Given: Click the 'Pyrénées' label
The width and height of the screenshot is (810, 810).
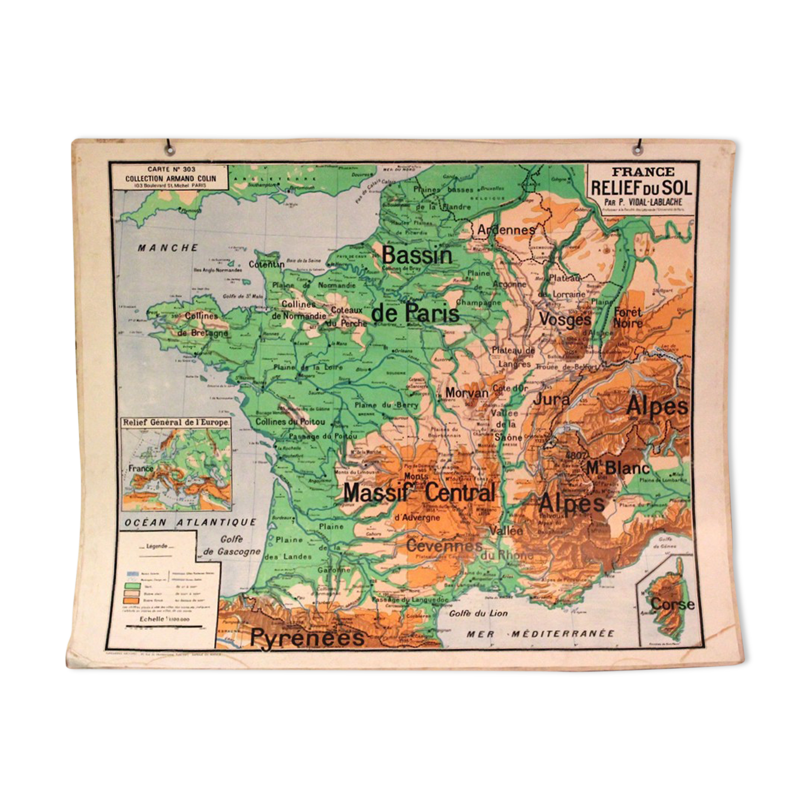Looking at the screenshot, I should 307,637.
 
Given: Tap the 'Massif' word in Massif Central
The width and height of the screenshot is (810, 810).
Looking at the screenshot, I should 380,493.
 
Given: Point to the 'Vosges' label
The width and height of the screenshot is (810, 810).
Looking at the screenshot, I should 565,320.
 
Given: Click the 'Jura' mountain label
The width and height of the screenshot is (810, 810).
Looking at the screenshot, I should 551,399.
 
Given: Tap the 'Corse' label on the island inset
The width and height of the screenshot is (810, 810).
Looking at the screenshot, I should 673,604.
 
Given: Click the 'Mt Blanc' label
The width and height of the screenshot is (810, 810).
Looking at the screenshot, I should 618,468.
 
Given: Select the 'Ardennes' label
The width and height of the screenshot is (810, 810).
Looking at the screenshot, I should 506,229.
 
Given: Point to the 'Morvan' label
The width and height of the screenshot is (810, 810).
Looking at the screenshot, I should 466,393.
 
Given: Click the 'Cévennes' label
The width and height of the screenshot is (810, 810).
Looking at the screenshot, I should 444,545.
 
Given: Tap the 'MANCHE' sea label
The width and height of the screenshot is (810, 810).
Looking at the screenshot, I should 168,248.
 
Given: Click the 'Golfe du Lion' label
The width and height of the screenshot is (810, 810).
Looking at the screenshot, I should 478,613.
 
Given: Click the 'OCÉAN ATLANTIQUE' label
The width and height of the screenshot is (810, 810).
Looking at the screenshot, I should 190,523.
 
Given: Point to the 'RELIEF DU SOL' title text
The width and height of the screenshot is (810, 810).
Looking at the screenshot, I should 641,188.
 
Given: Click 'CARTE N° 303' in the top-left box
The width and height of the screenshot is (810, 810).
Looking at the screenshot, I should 171,169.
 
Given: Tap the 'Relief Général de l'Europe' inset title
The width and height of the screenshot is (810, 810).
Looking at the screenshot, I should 176,423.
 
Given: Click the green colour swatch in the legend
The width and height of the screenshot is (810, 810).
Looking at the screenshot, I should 132,585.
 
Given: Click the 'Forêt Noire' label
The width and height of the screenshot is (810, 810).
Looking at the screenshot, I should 628,317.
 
